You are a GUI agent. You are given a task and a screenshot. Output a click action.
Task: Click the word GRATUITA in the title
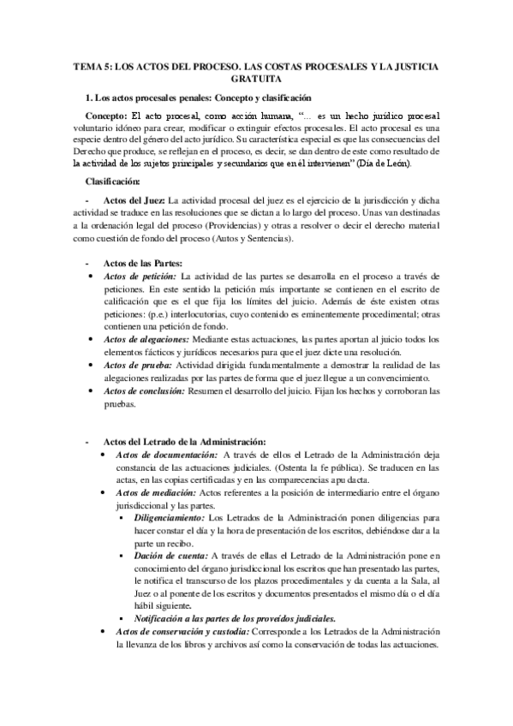256,78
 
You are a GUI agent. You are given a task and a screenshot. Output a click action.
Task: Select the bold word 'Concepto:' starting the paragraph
106,115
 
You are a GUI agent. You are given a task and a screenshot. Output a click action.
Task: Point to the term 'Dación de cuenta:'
170,556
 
